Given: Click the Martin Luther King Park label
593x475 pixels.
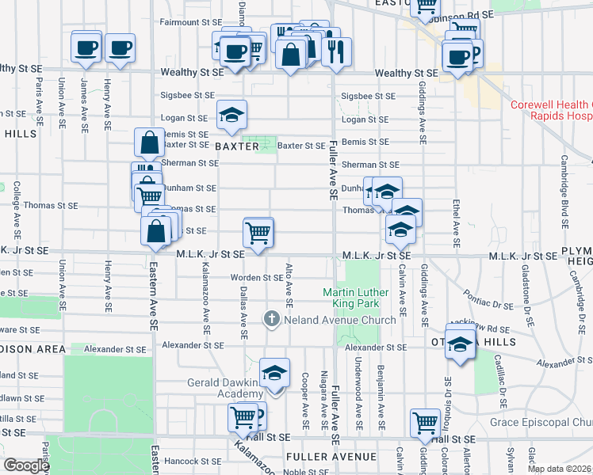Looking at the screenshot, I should click(362, 298).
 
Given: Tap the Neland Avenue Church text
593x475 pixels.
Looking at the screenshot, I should click(339, 320).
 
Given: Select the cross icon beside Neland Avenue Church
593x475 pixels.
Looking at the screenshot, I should click(271, 319).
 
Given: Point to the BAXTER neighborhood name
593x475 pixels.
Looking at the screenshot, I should click(236, 146).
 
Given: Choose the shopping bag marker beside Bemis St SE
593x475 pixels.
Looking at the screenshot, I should click(150, 144).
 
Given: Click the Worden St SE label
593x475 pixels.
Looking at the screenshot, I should click(257, 278).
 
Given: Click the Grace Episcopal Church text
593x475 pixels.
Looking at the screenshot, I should click(548, 422).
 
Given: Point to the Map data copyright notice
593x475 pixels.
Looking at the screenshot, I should click(560, 469).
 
